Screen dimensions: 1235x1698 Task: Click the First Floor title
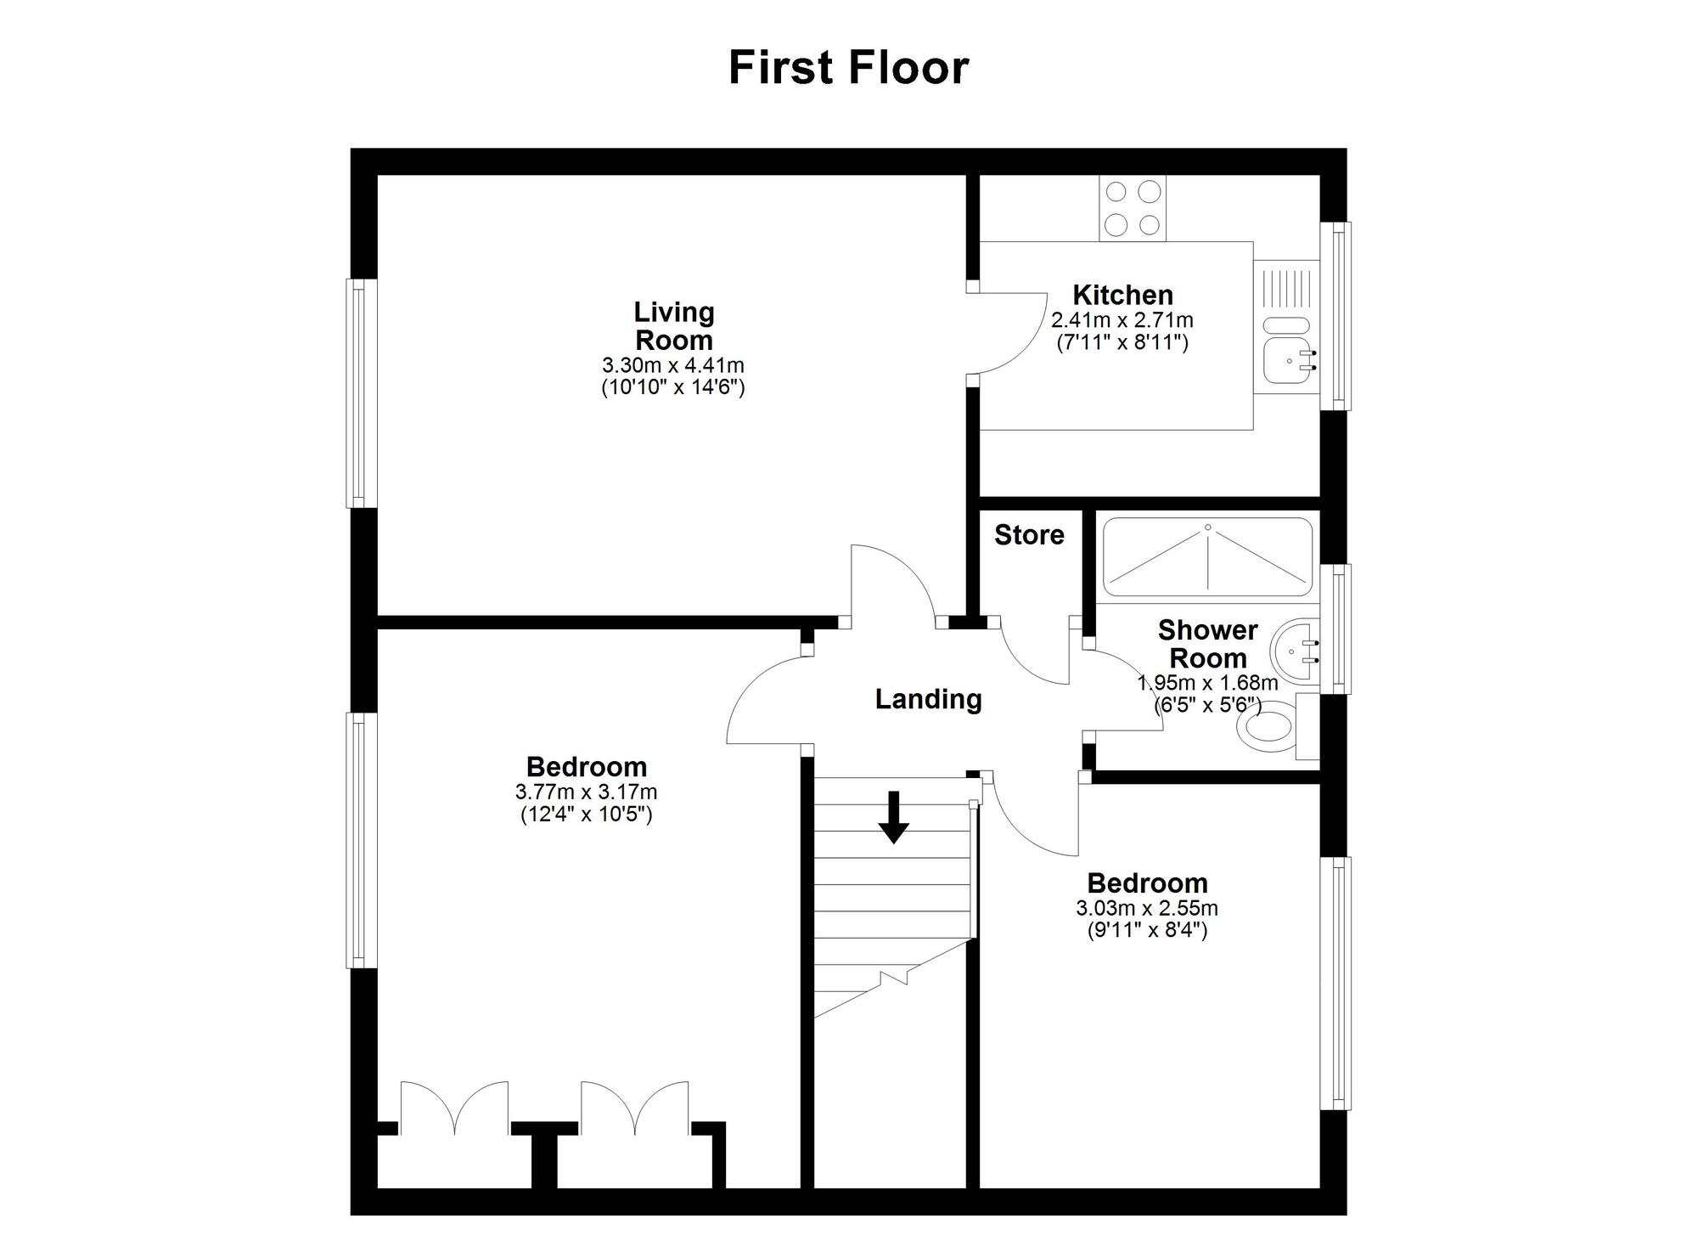(x=848, y=68)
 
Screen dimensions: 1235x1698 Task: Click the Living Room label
(x=674, y=326)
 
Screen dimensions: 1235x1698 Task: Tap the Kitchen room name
(x=1122, y=296)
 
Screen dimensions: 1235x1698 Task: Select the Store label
(x=1029, y=535)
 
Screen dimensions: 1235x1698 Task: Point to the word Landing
(x=928, y=699)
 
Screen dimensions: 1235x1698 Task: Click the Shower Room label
(x=1207, y=644)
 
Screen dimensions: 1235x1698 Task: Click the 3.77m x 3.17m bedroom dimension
(x=586, y=792)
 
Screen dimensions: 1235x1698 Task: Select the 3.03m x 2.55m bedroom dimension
(x=1147, y=908)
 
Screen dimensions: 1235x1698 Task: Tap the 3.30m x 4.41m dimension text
(x=673, y=366)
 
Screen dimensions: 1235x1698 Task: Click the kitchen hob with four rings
(x=1133, y=208)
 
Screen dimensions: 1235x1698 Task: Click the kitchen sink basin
(x=1288, y=361)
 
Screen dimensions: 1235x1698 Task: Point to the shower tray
(x=1207, y=557)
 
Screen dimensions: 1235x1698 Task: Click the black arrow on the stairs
(x=893, y=817)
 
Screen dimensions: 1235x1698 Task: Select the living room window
(x=361, y=393)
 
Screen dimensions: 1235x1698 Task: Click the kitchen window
(x=1339, y=316)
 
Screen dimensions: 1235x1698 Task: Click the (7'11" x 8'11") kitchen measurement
(x=1122, y=343)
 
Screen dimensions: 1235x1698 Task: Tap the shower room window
(x=1338, y=629)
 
